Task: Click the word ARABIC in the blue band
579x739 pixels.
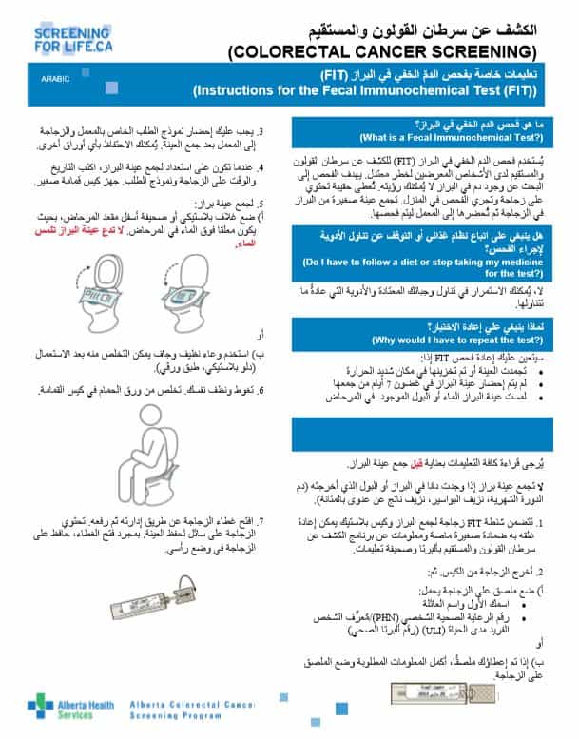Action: [x=56, y=80]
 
